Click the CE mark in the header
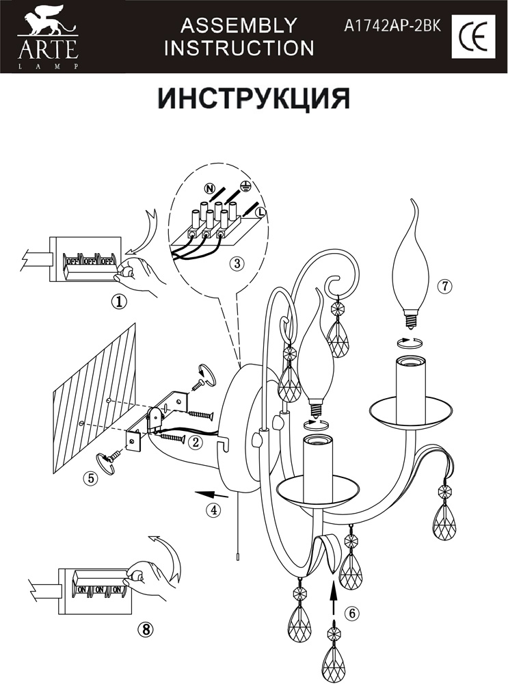[x=472, y=36]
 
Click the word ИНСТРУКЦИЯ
[x=254, y=98]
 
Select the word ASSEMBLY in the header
[x=239, y=26]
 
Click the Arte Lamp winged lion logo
[x=47, y=28]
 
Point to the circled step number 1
[x=121, y=302]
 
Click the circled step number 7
[x=445, y=287]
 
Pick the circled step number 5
[x=90, y=478]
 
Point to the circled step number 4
[x=215, y=509]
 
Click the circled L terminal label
[x=260, y=213]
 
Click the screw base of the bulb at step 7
[x=411, y=318]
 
